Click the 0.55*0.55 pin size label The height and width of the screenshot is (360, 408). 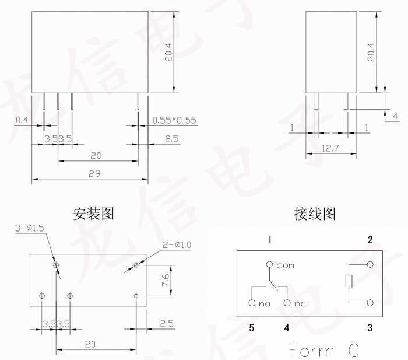(x=174, y=121)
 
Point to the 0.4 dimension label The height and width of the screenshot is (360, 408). (x=22, y=120)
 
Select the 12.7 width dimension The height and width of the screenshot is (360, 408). (x=331, y=148)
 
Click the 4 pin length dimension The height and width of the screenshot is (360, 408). (x=395, y=116)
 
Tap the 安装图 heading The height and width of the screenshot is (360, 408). (x=93, y=214)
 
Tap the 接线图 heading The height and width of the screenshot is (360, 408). (x=315, y=214)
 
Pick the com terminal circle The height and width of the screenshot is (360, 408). (x=269, y=264)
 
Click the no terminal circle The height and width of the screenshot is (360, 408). (x=251, y=303)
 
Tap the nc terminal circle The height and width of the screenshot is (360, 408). (x=287, y=303)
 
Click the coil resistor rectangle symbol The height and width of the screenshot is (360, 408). (x=349, y=283)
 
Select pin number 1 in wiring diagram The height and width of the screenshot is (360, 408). (x=270, y=240)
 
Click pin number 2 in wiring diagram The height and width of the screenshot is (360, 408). (x=370, y=240)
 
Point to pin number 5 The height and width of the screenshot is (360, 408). (x=252, y=328)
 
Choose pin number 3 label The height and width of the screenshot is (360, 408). (x=370, y=328)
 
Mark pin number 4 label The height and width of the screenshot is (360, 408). (x=287, y=328)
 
